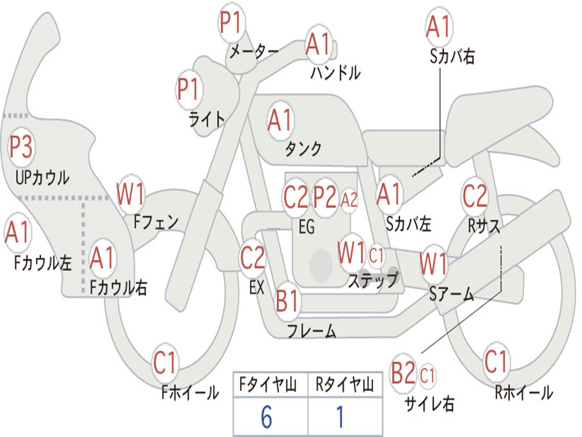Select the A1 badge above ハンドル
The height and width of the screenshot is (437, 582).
tap(318, 44)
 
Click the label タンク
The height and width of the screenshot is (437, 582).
tap(303, 149)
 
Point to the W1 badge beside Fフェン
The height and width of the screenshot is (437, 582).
tap(131, 195)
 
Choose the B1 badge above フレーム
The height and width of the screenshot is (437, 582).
tap(288, 302)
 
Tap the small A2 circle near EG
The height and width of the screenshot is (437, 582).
tap(350, 200)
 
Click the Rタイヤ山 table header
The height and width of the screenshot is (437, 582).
tap(344, 386)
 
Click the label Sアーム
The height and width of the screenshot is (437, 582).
tap(452, 294)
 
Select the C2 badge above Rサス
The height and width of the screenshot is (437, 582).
tap(475, 197)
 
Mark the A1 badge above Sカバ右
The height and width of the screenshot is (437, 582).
tap(438, 27)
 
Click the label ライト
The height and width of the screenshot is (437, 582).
tap(207, 119)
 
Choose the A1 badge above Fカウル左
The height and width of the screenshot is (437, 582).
tap(18, 234)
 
